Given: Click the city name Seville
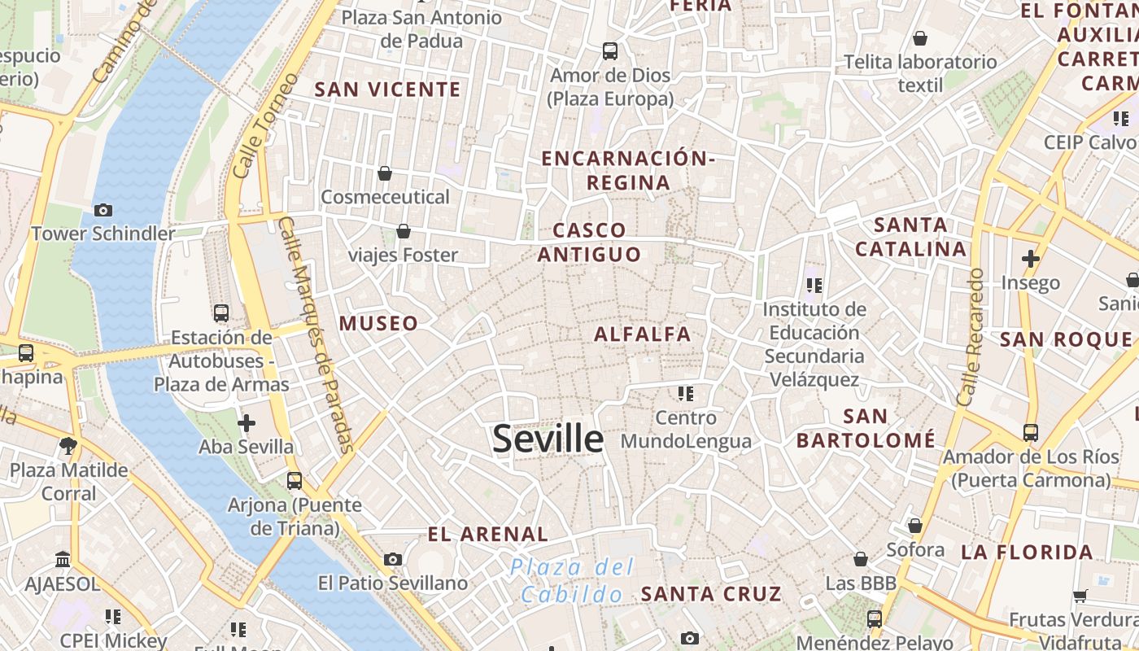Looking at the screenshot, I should point(548,439).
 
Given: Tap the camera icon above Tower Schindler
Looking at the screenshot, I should point(103,210).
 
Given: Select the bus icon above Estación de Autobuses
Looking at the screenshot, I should point(220,312).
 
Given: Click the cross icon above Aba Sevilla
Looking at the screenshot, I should point(246,422).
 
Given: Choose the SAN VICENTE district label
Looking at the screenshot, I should point(387,90).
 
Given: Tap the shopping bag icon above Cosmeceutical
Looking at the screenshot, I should point(385,173).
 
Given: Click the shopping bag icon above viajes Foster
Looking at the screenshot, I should point(403,232).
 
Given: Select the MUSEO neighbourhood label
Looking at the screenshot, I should point(378,323).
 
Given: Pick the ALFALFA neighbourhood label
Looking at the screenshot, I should point(642,334).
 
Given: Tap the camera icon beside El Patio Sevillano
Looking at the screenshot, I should point(393,559).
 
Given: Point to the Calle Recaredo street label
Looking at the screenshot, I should point(971,338).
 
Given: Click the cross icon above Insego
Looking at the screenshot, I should point(1031,259).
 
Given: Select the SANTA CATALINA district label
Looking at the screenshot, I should point(910,236).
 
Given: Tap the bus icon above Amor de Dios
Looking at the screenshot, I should point(610,51).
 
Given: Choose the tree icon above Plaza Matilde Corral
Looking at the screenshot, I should point(68,446).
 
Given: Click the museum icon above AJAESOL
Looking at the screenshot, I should point(63,560).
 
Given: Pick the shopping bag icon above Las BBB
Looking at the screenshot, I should point(860,559).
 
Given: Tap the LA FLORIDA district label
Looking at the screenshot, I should point(1027,553).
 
